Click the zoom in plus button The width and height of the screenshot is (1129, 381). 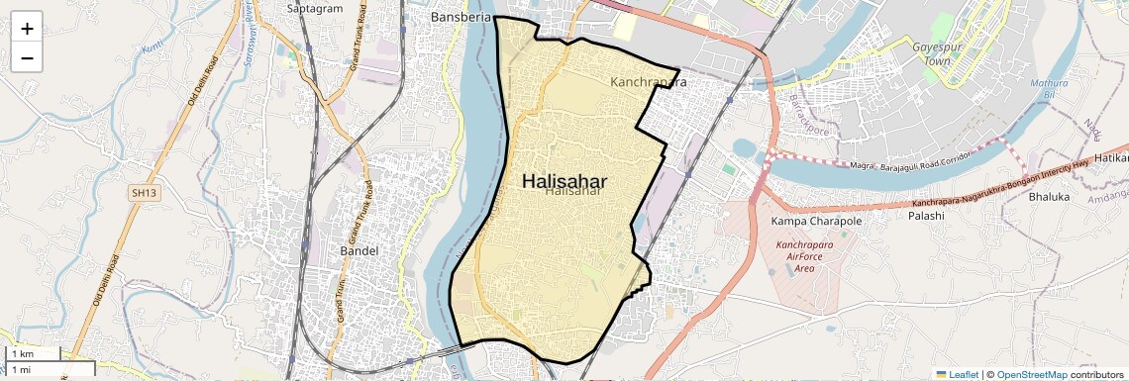click(x=27, y=29)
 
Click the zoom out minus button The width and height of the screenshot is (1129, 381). click(x=27, y=58)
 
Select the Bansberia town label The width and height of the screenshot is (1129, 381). click(x=462, y=18)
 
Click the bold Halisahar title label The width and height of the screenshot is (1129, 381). click(x=564, y=181)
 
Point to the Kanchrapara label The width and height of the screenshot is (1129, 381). click(x=649, y=82)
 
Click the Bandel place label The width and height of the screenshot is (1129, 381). click(x=359, y=250)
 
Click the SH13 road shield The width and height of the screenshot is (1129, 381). click(x=143, y=192)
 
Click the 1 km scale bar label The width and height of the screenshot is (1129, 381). click(x=22, y=354)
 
